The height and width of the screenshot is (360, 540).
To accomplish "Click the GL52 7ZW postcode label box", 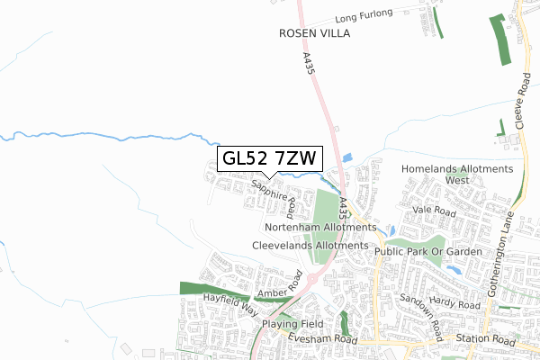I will pyautogui.click(x=268, y=158).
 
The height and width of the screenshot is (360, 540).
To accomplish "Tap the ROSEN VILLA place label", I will pyautogui.click(x=313, y=33).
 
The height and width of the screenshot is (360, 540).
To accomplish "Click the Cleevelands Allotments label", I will pyautogui.click(x=310, y=245).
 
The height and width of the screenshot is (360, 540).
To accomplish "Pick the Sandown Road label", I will pyautogui.click(x=417, y=311).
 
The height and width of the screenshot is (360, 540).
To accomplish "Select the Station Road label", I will pyautogui.click(x=485, y=340).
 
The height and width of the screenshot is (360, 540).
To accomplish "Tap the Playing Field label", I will pyautogui.click(x=292, y=323).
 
